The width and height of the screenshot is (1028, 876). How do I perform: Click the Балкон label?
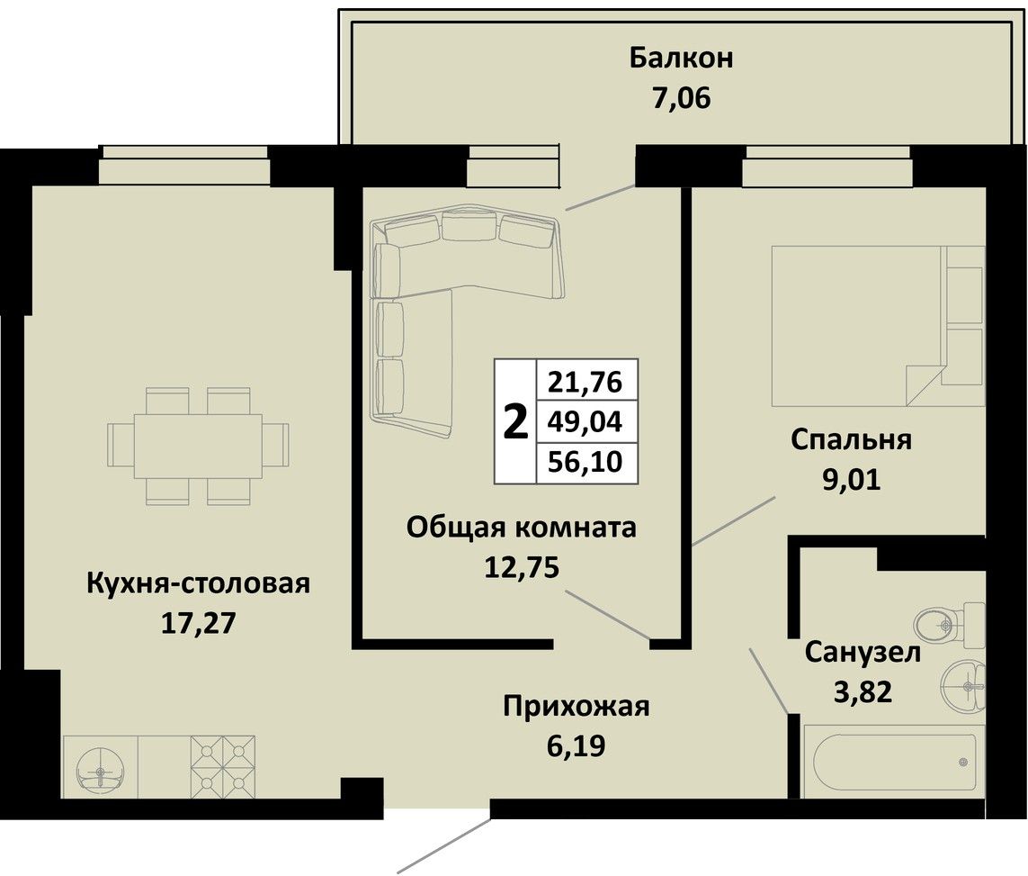681,58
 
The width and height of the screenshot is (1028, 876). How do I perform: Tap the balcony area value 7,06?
681,99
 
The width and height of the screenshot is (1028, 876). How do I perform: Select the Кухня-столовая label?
198,583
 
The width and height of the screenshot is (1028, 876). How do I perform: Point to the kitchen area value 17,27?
198,623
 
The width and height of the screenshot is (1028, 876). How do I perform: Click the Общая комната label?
522,528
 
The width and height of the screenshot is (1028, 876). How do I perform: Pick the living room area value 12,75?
522,567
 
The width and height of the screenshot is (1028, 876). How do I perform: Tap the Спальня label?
851,439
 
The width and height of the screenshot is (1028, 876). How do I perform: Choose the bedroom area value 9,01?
851,480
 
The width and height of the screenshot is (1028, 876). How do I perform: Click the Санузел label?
863,652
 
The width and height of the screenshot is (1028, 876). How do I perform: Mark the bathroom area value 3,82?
863,691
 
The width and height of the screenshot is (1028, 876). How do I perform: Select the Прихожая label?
577,708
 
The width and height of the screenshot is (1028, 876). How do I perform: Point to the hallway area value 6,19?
576,746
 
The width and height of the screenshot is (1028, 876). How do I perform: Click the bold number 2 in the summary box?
515,422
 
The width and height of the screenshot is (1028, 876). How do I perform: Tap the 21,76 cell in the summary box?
585,381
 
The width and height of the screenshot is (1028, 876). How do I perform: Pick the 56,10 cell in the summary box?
585,462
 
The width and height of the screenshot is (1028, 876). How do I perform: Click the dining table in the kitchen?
198,447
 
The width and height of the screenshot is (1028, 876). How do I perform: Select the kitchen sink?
101,767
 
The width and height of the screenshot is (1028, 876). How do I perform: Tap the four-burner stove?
223,767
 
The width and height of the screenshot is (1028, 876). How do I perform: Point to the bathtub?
894,762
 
